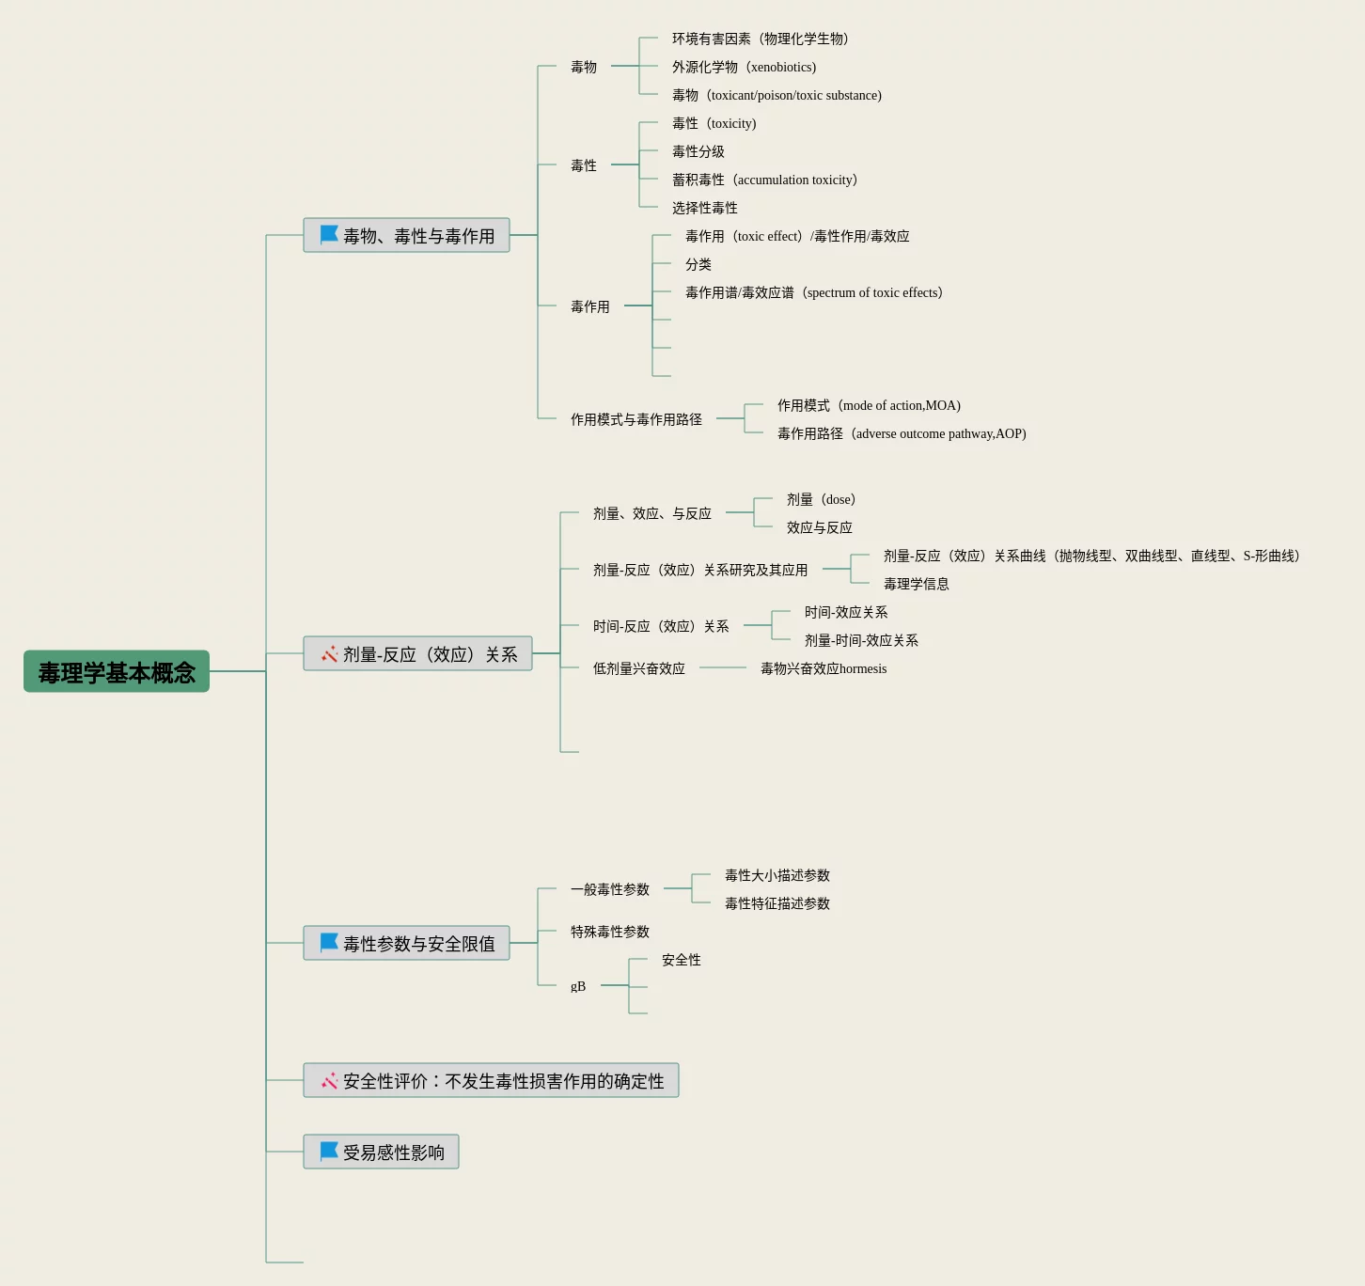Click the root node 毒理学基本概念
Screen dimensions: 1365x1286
click(x=117, y=672)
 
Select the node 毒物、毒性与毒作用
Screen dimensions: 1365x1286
click(x=406, y=235)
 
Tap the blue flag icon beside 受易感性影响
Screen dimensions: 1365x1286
click(x=329, y=1151)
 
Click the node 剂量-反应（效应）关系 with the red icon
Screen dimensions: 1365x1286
click(x=417, y=654)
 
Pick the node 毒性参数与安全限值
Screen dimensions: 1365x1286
click(x=406, y=943)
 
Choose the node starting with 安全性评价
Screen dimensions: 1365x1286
click(x=491, y=1081)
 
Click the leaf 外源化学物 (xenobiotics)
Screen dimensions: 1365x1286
click(x=744, y=67)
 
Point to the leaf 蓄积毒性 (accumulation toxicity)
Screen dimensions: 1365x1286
click(x=764, y=180)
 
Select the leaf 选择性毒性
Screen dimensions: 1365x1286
click(x=704, y=208)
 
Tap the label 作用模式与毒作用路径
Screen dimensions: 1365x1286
click(x=635, y=419)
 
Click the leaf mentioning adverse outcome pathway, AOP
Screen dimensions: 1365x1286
click(x=901, y=433)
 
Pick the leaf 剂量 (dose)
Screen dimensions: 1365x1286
click(x=821, y=499)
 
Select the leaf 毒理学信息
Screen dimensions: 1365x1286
click(x=916, y=584)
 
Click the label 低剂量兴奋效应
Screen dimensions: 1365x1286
click(x=638, y=668)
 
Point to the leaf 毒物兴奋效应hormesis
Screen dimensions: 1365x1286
click(x=823, y=668)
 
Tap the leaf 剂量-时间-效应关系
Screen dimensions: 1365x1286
click(x=860, y=640)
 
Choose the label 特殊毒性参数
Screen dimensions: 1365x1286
click(x=609, y=932)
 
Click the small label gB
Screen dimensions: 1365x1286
click(x=577, y=986)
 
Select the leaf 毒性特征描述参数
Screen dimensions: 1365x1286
click(x=777, y=903)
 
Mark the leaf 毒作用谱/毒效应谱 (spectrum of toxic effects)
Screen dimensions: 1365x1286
click(x=813, y=292)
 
